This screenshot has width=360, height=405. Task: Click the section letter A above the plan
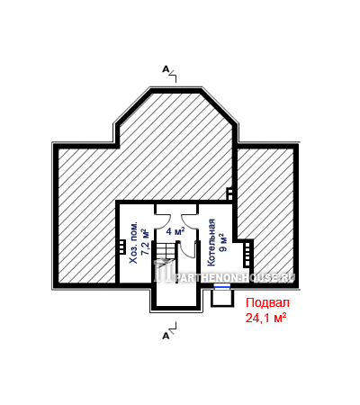tap(166, 69)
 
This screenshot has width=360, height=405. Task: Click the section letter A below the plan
tap(166, 336)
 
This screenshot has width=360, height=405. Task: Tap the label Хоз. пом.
tap(134, 243)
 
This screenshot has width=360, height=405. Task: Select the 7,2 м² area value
tap(146, 242)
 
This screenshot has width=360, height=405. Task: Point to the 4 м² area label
tap(175, 231)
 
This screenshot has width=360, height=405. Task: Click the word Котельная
tap(211, 242)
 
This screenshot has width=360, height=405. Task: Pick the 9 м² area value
tap(223, 242)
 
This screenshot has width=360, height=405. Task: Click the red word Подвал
tap(267, 303)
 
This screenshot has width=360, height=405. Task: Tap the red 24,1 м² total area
tap(265, 318)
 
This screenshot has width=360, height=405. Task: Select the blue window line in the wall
tap(222, 287)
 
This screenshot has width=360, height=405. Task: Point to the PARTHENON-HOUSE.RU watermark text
tap(237, 277)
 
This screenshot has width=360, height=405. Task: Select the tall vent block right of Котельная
tap(247, 254)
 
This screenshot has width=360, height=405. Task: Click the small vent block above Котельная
tap(229, 193)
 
